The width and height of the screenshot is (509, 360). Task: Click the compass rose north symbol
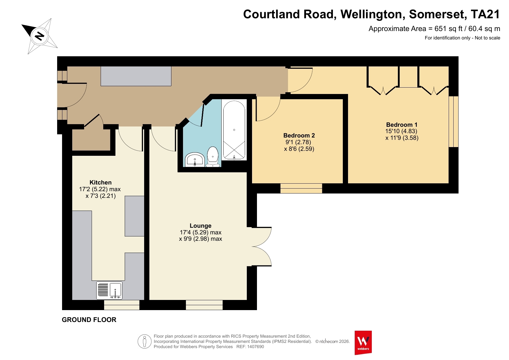click(39, 36)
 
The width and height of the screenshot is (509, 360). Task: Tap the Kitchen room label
click(101, 182)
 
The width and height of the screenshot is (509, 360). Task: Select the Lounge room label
click(200, 226)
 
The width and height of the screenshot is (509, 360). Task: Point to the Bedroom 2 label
click(299, 135)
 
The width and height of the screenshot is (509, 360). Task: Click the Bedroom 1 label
click(402, 125)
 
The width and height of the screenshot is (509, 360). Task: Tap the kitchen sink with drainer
click(109, 290)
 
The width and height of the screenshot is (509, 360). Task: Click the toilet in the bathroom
click(213, 157)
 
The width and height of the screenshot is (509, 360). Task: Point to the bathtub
click(234, 130)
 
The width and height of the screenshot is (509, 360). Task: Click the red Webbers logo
click(363, 343)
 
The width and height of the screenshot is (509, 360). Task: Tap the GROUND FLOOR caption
click(89, 320)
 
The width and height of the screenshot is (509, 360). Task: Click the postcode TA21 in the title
click(485, 14)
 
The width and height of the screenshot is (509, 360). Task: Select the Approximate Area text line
click(434, 29)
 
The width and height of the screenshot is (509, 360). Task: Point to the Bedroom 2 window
click(301, 188)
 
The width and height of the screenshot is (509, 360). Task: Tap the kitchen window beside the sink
click(122, 305)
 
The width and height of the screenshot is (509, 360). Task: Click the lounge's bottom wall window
click(204, 305)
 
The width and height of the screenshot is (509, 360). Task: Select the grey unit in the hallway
click(136, 76)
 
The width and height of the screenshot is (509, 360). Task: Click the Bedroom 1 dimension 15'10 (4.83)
click(401, 131)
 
